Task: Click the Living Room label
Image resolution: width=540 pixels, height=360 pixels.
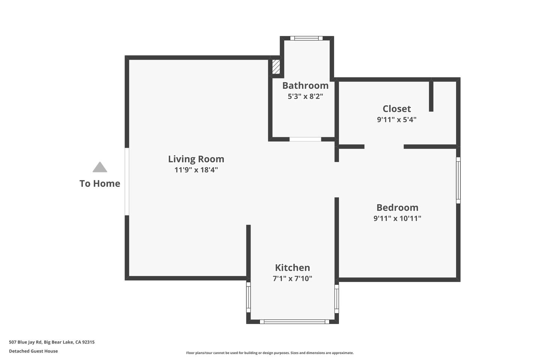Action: (x=196, y=159)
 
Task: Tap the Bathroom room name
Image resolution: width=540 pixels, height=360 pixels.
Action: (x=305, y=85)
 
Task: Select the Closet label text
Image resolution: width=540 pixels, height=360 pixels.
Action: (x=397, y=109)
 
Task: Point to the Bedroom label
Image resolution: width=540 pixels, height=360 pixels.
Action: (x=397, y=208)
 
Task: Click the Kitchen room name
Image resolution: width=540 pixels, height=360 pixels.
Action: (x=292, y=268)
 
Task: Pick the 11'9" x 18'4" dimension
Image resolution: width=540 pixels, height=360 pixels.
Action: (x=196, y=170)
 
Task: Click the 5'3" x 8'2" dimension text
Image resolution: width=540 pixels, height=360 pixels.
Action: (x=305, y=96)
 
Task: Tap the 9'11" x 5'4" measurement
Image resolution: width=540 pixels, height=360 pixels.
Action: (x=397, y=120)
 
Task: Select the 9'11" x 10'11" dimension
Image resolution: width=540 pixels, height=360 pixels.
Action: (x=397, y=219)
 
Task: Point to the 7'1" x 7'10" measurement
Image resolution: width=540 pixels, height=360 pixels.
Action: (x=292, y=279)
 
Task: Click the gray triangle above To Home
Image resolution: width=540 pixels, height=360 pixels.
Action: (x=100, y=167)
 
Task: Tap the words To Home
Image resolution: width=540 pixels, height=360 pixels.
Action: (x=100, y=184)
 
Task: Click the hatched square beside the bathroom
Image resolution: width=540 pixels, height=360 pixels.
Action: (x=276, y=67)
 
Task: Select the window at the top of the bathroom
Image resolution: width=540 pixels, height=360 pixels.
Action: (x=306, y=38)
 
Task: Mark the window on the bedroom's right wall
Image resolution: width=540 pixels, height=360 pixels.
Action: (x=458, y=180)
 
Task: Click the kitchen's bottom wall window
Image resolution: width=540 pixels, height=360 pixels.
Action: (x=294, y=322)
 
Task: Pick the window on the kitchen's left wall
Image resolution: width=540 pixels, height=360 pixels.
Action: (x=248, y=297)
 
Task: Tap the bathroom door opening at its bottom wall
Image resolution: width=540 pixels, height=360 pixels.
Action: (x=305, y=139)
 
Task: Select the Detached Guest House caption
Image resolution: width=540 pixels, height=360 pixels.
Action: (x=33, y=351)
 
